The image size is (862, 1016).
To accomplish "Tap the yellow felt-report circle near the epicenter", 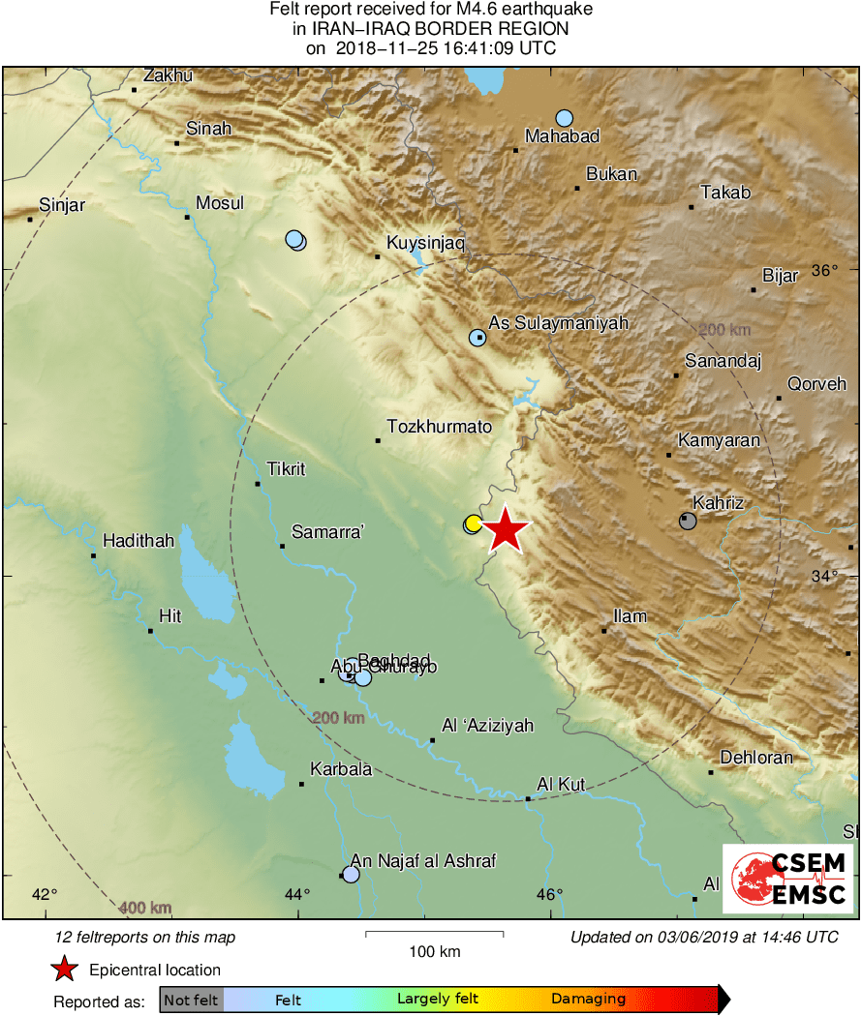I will pos(473,524).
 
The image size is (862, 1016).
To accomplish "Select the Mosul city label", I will pos(220,203).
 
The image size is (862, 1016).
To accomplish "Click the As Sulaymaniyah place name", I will pos(559,323).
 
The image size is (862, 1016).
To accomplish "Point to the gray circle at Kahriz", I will pos(688,521).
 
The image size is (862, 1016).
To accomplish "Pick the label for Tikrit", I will pos(286,469).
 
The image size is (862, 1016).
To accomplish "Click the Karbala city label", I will pos(341,770).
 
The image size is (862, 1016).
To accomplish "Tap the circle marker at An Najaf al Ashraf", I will pos(351,875).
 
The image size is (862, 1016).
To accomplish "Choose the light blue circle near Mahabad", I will pos(565,118).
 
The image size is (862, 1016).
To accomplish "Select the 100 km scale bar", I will pos(434,934).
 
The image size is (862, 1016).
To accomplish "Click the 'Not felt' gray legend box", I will pos(191,1000).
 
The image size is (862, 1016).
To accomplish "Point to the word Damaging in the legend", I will pos(588,1000).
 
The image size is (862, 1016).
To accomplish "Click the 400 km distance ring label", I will pos(146,908).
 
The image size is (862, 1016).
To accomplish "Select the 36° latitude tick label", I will pos(824,270).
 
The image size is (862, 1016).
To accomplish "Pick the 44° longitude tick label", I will pos(298,894).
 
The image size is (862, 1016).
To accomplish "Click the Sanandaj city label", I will pos(723,362).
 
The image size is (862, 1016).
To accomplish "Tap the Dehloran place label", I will pos(756,758).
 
